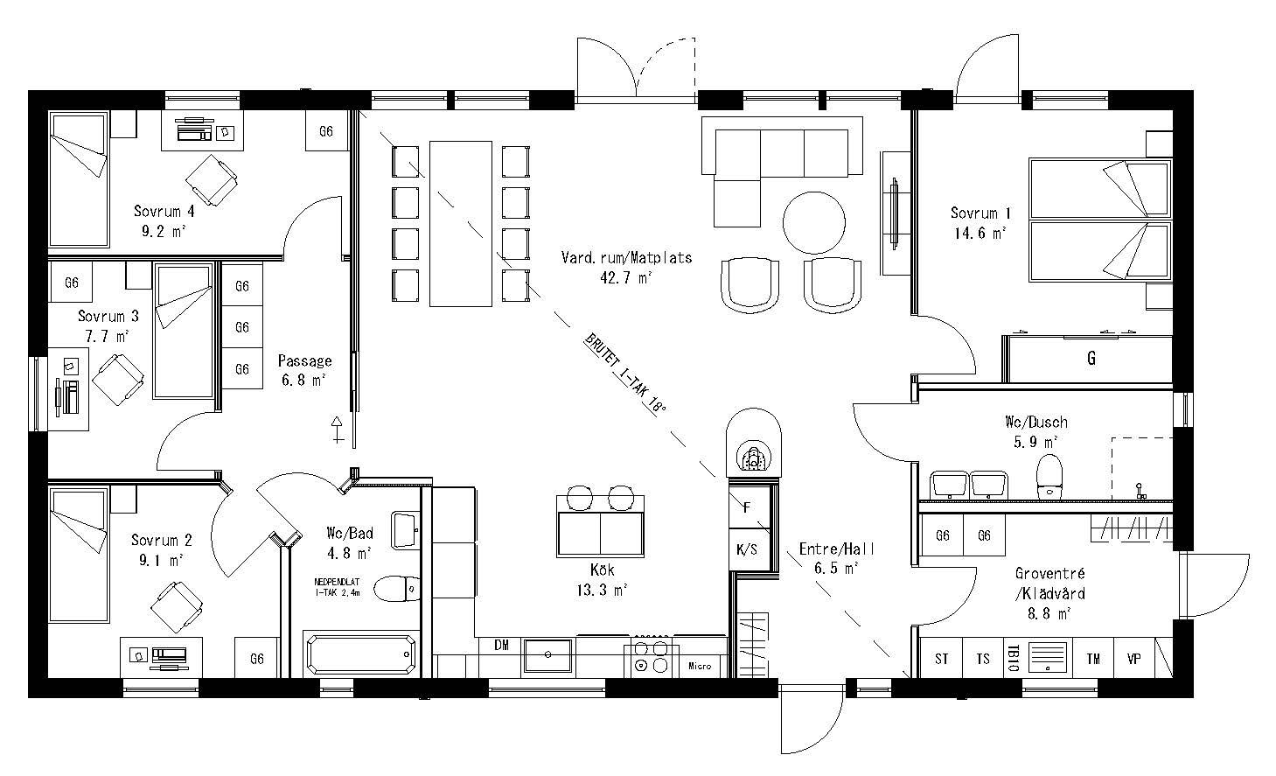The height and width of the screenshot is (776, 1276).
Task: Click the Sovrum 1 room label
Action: click(x=980, y=213)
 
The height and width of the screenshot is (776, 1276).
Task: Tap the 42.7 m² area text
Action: click(x=626, y=278)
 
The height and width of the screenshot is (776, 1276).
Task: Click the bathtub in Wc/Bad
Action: click(x=361, y=654)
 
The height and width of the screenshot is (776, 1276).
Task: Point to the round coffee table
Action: click(x=813, y=222)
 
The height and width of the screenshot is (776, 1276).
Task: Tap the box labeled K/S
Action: click(x=747, y=550)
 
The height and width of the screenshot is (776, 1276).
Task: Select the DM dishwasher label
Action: click(x=501, y=646)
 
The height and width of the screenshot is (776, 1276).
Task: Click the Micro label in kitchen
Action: click(x=700, y=666)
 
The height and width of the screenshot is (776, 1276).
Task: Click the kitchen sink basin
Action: click(x=547, y=655)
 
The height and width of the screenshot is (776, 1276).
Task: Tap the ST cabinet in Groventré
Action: click(x=942, y=659)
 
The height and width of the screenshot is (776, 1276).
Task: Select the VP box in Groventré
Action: click(x=1134, y=659)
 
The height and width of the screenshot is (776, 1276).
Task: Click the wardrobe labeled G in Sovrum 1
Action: click(x=1090, y=359)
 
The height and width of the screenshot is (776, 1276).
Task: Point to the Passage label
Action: click(x=304, y=360)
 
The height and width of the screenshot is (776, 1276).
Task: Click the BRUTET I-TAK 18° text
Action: click(x=626, y=374)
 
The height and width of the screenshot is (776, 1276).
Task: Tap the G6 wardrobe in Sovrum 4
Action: click(x=326, y=132)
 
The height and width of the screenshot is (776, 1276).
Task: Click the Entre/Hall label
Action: click(x=837, y=549)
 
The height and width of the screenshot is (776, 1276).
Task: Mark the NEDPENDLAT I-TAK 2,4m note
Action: click(x=343, y=586)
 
